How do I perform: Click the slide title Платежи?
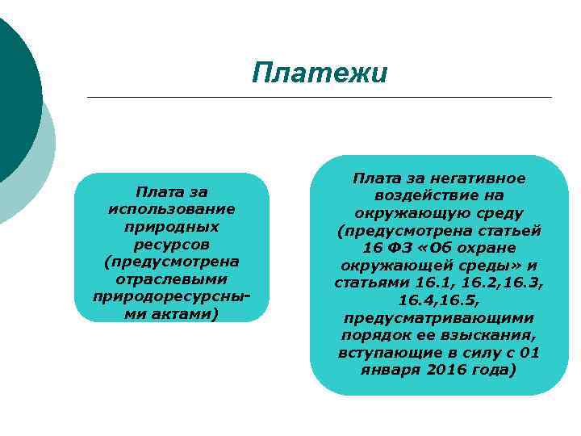point(319,73)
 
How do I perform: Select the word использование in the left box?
point(171,209)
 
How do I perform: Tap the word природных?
point(171,227)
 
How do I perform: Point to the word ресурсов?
point(171,244)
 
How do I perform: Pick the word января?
point(392,371)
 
